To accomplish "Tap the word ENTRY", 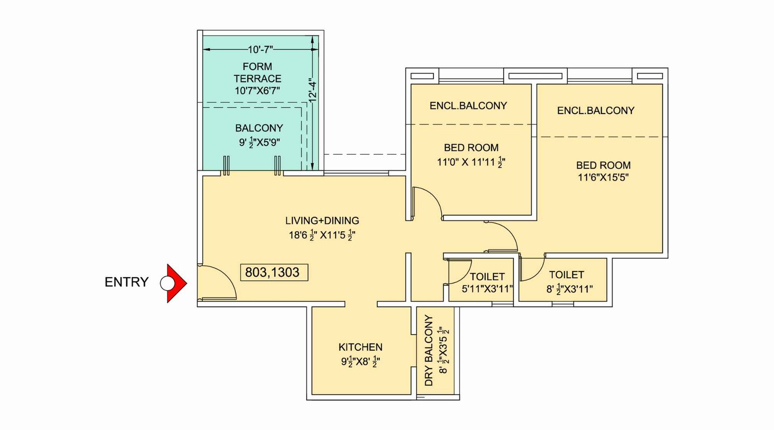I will (x=126, y=282).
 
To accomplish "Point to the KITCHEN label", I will (x=360, y=347).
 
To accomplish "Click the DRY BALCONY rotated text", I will (x=429, y=350).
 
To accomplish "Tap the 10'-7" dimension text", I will (x=260, y=49).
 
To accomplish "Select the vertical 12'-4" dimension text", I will (x=313, y=89).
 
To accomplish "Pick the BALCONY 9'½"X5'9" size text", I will (x=259, y=142).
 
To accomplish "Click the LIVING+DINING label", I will (x=322, y=221).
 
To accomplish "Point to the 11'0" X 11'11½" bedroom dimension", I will (x=471, y=163).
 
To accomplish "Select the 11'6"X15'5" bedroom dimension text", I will (x=603, y=177).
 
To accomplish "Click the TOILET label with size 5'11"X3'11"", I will (x=487, y=277).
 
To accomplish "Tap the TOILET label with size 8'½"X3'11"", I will (x=566, y=275).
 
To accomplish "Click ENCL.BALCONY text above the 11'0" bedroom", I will (x=468, y=105).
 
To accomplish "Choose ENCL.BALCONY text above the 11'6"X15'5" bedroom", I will (x=595, y=110).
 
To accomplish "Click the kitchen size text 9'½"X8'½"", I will (x=360, y=361).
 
